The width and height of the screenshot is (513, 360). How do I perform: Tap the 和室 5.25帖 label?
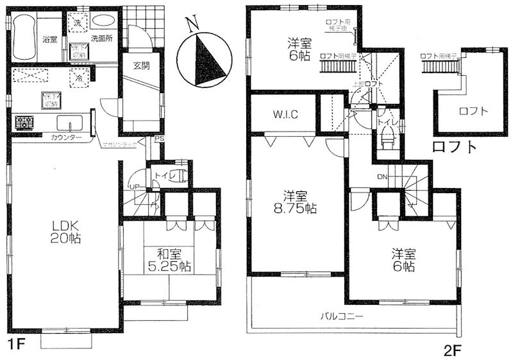167,259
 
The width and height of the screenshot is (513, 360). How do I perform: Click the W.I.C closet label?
283,116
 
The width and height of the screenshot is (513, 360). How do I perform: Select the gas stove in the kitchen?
24,121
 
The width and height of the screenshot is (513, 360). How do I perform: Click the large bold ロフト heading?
455,146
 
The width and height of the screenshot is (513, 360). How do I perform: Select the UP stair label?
134,187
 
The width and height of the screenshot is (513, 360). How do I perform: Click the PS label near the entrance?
158,138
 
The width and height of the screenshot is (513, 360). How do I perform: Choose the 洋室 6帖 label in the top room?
299,50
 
